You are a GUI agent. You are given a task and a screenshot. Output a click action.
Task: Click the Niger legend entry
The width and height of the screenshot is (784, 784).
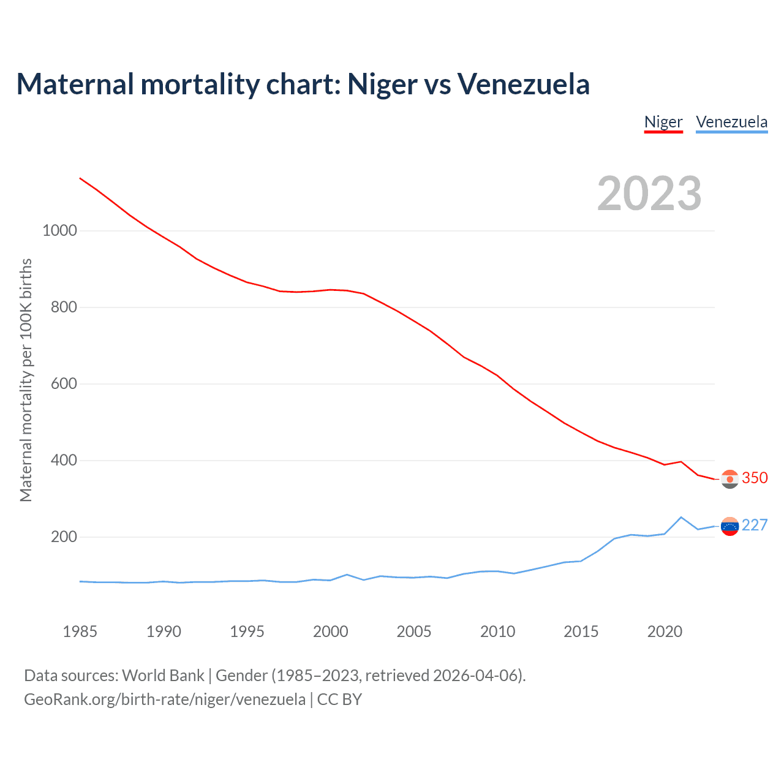663,122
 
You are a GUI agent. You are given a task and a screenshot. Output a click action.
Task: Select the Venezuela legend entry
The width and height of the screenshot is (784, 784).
731,122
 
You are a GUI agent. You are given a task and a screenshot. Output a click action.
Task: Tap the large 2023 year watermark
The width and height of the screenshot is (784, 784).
649,194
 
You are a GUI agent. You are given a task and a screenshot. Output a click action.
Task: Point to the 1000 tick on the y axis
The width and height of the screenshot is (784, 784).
60,231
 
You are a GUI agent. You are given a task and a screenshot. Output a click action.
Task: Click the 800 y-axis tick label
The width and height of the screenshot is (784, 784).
64,307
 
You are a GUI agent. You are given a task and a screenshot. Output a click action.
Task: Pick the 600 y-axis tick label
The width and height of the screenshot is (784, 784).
64,384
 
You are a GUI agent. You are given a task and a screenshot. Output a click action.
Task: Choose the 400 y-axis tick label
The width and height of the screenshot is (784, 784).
64,461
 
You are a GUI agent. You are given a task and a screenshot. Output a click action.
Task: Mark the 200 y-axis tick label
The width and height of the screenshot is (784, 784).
64,537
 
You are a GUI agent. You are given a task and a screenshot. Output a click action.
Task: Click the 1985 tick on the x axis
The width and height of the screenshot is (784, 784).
80,631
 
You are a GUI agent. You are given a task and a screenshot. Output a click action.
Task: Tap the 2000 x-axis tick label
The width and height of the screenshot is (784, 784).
331,631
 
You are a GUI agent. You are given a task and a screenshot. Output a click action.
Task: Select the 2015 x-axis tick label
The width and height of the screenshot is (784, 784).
581,631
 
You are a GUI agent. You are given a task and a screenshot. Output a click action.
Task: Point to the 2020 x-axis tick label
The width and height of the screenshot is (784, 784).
665,631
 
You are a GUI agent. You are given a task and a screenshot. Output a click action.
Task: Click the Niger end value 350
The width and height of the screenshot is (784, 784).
755,478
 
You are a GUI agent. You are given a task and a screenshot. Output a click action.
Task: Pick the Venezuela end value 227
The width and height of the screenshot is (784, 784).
755,526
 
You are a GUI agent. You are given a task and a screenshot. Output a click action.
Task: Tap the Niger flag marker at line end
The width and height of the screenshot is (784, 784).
730,479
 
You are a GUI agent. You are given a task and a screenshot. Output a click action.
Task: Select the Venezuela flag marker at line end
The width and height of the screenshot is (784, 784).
730,526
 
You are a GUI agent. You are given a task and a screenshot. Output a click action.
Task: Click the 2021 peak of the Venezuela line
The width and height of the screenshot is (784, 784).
681,517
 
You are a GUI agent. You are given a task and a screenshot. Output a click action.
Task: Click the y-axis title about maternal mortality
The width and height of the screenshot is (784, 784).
26,380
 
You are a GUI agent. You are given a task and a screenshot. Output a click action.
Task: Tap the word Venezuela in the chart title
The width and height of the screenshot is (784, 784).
524,84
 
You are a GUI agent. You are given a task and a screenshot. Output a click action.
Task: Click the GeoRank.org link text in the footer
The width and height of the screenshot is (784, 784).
165,699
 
